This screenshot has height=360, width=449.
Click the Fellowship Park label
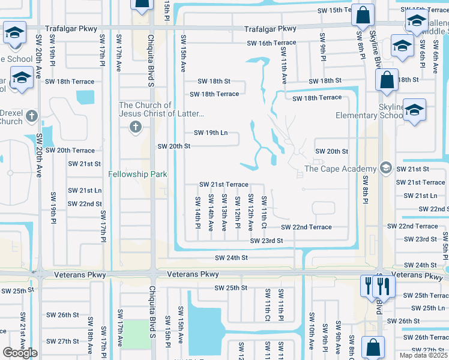pos(137,175)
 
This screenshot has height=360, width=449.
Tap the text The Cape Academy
pos(340,169)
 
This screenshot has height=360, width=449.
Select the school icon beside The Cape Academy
pos(386,169)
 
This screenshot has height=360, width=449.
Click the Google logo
pos(20,353)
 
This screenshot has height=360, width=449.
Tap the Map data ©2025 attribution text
pos(423,355)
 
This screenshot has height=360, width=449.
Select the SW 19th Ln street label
pos(211,133)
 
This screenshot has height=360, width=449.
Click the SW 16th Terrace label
pos(272,43)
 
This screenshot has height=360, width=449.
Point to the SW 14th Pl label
pos(197,212)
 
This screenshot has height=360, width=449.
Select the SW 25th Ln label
pos(424,308)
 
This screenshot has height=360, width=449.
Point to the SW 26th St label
pos(63,314)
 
